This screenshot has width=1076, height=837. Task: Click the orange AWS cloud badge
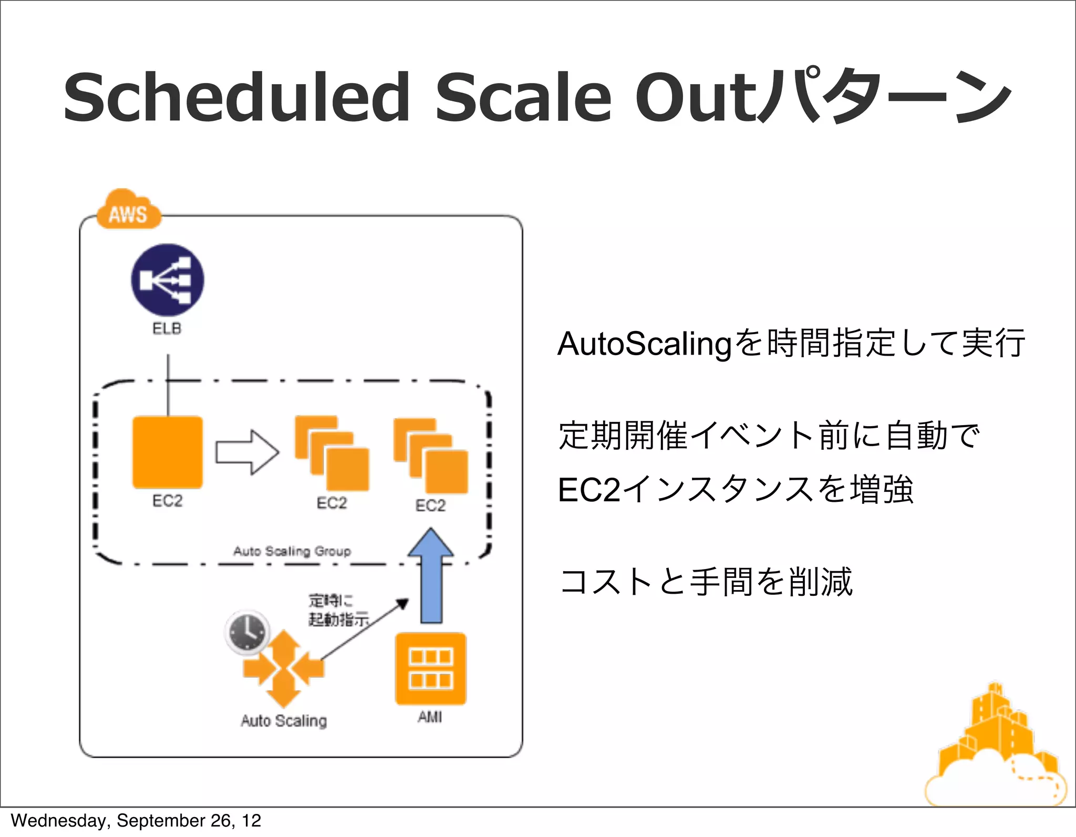point(128,211)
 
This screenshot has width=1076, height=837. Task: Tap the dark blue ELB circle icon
point(168,280)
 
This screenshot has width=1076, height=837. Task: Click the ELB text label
point(167,329)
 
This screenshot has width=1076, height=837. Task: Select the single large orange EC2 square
point(168,452)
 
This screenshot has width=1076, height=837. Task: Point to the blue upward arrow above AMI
point(431,576)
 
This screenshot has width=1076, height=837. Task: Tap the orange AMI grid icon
point(431,669)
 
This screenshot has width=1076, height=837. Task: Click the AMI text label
point(430,717)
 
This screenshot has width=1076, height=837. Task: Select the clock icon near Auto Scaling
point(247,632)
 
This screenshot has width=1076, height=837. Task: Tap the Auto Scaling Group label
point(292,551)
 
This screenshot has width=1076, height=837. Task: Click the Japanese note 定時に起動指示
point(338,610)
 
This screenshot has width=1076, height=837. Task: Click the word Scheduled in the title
point(236,98)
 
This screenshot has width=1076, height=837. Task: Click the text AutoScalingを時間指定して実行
point(791,344)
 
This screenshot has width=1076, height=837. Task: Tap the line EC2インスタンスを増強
point(736,490)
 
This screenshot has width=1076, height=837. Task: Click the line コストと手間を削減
point(706,582)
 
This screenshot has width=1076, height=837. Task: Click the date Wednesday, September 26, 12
point(136,821)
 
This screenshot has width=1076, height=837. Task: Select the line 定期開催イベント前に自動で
point(769,436)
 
